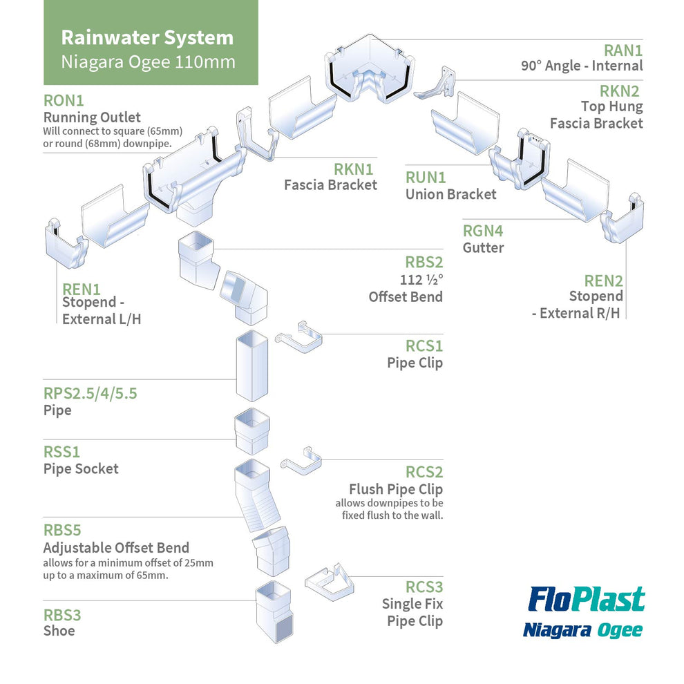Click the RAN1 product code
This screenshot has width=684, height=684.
click(x=623, y=50)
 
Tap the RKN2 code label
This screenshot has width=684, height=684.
click(x=619, y=91)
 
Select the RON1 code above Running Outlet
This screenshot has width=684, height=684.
click(x=63, y=100)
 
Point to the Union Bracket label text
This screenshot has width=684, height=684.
click(x=450, y=194)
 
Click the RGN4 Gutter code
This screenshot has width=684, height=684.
click(x=483, y=231)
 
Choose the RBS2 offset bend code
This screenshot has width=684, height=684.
click(x=424, y=263)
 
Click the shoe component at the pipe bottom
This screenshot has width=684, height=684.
click(x=274, y=611)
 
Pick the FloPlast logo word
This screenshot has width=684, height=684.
click(x=586, y=600)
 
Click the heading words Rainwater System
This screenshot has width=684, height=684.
click(x=147, y=37)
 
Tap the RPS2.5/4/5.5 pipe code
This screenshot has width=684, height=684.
click(x=90, y=394)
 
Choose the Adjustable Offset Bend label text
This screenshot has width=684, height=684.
click(x=116, y=548)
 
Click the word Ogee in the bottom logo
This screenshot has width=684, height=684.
click(x=620, y=629)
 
